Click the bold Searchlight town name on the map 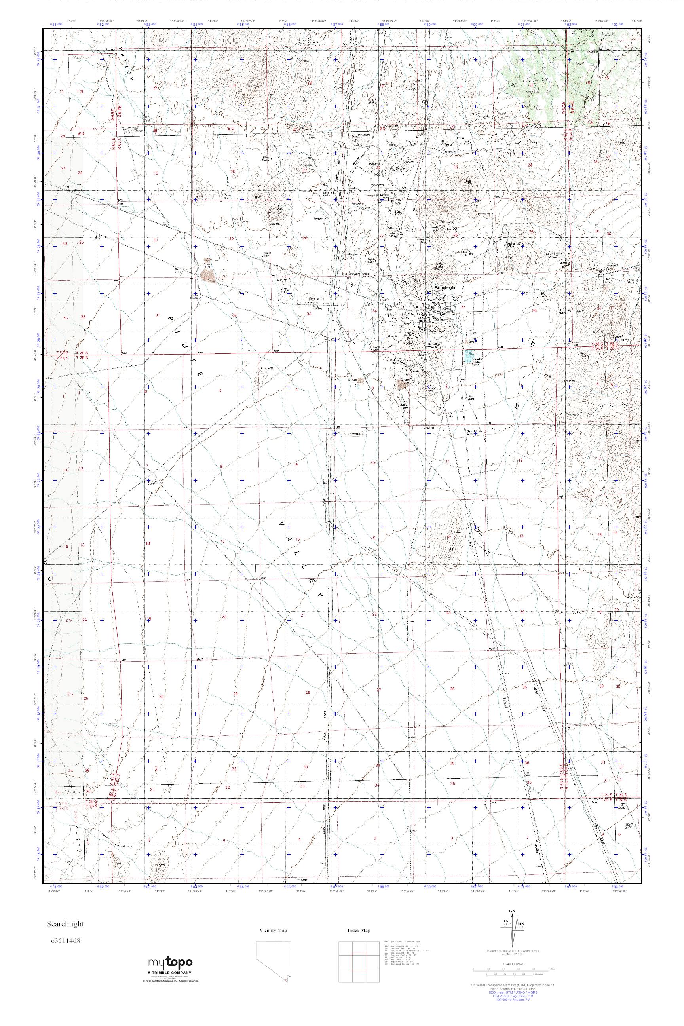[x=445, y=288]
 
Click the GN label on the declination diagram [x=512, y=909]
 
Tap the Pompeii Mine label [x=394, y=142]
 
